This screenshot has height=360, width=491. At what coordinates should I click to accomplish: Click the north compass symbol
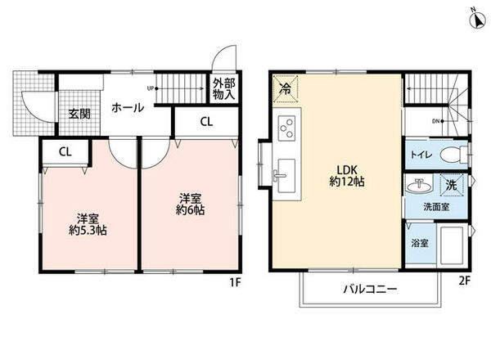coord(476,18)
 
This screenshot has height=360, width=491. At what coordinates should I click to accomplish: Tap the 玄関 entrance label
coord(79,114)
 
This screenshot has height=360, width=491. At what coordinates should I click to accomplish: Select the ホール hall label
coord(128,107)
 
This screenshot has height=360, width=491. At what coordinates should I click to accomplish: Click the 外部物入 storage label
coord(223,88)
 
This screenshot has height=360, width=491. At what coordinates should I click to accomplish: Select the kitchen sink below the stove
coord(286,174)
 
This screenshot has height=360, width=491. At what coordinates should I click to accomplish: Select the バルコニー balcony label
coord(369,290)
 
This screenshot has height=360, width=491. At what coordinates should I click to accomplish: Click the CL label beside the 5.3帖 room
coord(64,152)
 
